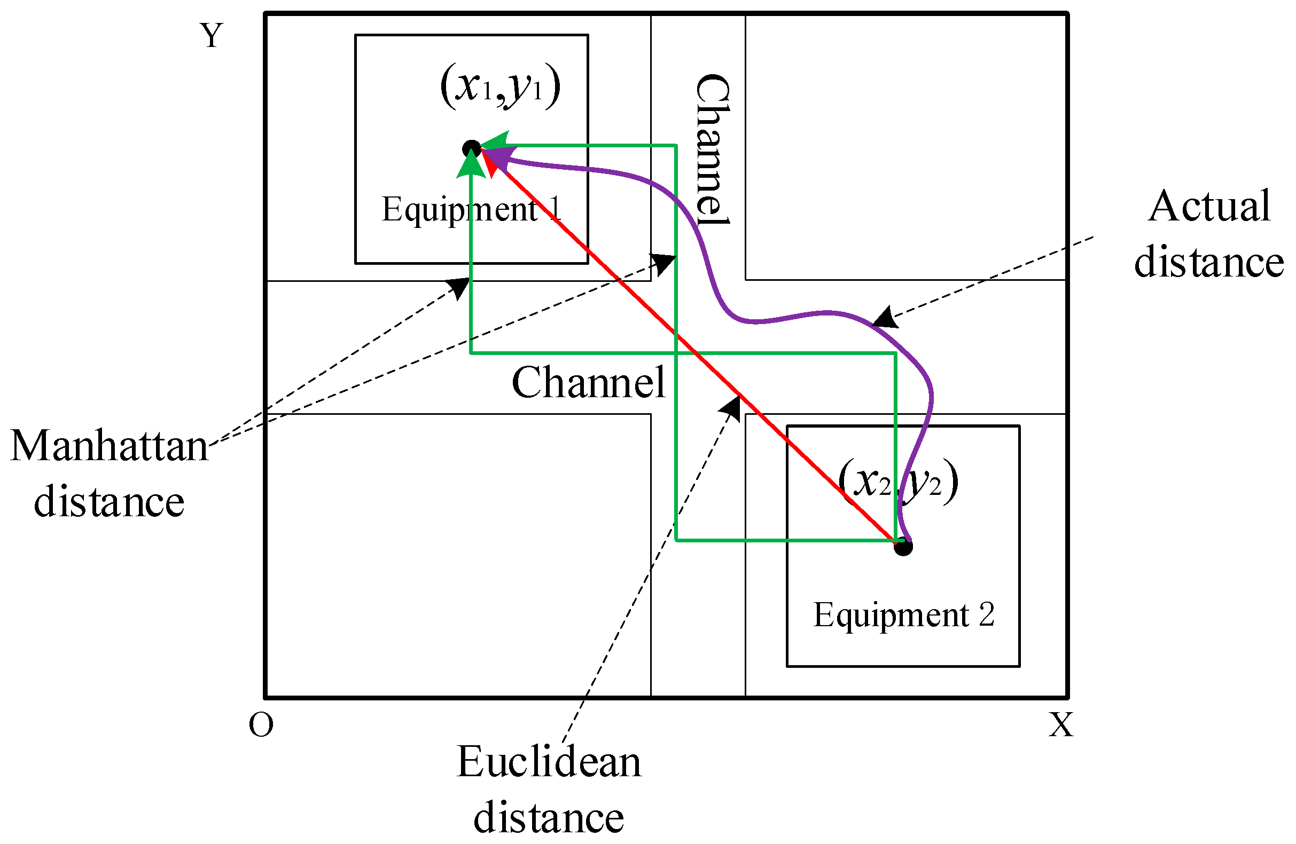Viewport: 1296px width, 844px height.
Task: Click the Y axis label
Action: pyautogui.click(x=212, y=36)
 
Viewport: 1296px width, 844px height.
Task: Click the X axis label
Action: pyautogui.click(x=1061, y=725)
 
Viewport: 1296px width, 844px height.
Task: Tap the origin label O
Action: pyautogui.click(x=261, y=725)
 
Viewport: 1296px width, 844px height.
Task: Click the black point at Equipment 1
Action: pyautogui.click(x=472, y=148)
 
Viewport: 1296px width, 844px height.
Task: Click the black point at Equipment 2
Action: pyautogui.click(x=903, y=546)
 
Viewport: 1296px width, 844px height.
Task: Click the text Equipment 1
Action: pyautogui.click(x=471, y=209)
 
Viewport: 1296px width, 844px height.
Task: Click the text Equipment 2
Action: pyautogui.click(x=903, y=615)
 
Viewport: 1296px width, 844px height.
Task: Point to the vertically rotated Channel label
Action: pyautogui.click(x=712, y=149)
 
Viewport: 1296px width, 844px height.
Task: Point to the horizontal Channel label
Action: pyautogui.click(x=588, y=383)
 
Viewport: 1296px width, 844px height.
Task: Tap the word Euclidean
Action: pyautogui.click(x=549, y=762)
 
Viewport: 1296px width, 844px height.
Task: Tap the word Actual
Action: pyautogui.click(x=1209, y=207)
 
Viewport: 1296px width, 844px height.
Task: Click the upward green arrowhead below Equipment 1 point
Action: pyautogui.click(x=471, y=163)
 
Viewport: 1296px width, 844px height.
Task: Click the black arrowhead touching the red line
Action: pyautogui.click(x=732, y=406)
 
